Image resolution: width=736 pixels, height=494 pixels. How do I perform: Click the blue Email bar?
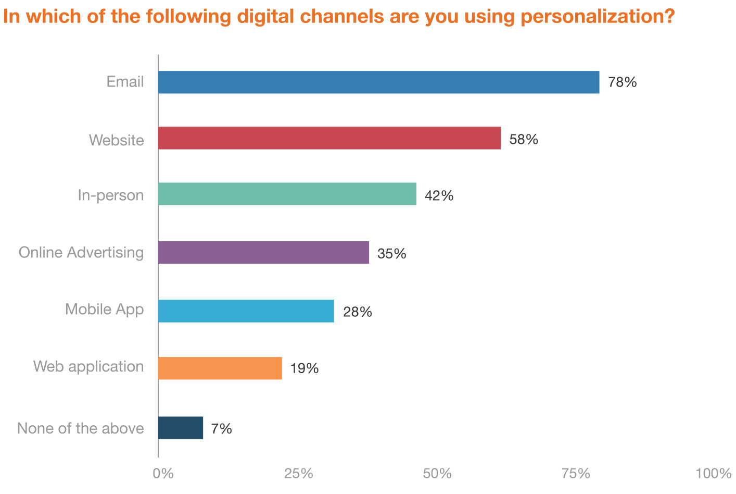click(x=378, y=82)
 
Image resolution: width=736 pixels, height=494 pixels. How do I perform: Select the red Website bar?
click(x=329, y=138)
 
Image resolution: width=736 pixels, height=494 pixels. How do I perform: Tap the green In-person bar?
click(x=287, y=194)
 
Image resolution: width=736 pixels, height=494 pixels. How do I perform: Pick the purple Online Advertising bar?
click(x=263, y=252)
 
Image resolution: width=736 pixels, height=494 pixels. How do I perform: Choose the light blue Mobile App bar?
click(x=246, y=311)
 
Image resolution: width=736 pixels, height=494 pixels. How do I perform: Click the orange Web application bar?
click(x=220, y=368)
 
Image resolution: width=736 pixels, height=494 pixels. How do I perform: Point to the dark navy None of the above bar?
click(x=181, y=428)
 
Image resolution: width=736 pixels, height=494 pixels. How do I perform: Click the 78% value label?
click(x=622, y=82)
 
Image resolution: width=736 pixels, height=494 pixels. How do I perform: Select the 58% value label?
click(x=524, y=140)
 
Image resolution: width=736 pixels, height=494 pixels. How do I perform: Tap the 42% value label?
click(x=439, y=196)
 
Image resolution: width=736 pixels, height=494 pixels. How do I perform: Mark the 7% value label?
click(x=221, y=429)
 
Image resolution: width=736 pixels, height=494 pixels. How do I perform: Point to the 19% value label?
click(x=304, y=368)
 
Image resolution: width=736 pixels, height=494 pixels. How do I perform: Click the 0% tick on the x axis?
click(x=163, y=473)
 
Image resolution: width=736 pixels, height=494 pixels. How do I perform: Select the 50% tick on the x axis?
click(x=437, y=473)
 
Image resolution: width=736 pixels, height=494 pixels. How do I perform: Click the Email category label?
click(x=125, y=82)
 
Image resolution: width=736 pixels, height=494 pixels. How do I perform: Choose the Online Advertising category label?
click(x=81, y=252)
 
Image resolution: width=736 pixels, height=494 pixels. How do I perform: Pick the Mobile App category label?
click(x=104, y=309)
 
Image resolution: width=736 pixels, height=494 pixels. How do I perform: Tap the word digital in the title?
click(x=269, y=17)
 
